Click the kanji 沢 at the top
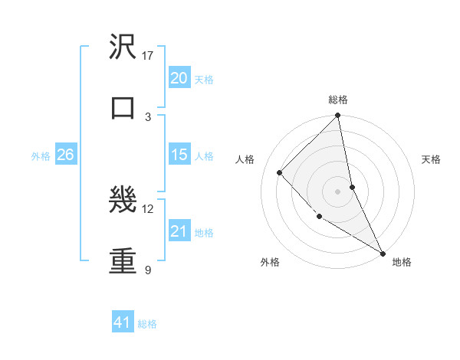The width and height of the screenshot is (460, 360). (123, 47)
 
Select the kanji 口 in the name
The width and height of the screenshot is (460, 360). (123, 108)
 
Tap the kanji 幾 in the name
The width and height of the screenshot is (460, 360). (123, 201)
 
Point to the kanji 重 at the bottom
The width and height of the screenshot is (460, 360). (123, 261)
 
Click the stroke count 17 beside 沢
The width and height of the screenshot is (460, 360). (148, 56)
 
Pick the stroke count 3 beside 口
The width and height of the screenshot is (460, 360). (148, 116)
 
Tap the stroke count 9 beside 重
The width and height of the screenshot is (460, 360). (148, 270)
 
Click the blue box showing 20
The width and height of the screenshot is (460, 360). (179, 78)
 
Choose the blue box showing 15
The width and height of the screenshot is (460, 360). (179, 155)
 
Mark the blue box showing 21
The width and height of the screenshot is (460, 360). (179, 231)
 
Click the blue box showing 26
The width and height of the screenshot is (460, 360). (65, 155)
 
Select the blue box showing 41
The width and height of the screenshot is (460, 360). (123, 322)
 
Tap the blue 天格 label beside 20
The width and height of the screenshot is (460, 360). (204, 80)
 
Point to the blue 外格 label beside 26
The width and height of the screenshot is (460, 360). (41, 156)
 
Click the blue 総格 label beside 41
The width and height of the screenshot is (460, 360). (148, 324)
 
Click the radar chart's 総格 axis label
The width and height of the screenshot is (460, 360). (338, 100)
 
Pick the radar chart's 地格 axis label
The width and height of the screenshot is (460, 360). (402, 262)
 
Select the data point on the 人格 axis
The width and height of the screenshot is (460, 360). (280, 172)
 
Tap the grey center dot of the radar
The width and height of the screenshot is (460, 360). (338, 191)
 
